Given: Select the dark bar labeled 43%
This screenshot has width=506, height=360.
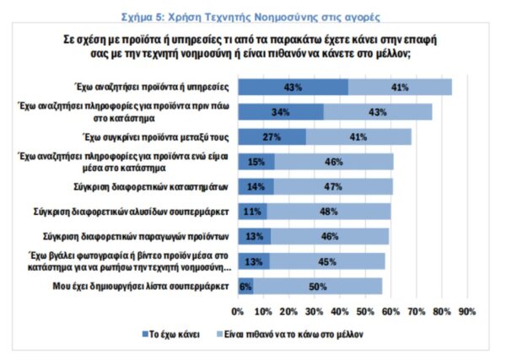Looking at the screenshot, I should coord(293,87).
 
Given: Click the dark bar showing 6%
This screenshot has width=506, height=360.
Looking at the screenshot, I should coord(246,287).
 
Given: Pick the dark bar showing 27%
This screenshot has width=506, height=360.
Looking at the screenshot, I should coord(272,137).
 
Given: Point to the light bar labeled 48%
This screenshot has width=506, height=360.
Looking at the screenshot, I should coord(329,212).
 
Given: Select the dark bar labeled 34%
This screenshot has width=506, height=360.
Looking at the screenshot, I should coord(281,112).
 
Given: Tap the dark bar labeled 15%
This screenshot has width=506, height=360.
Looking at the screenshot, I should coord(256,162).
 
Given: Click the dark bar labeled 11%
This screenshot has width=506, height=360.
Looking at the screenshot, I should coord(252,212).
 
